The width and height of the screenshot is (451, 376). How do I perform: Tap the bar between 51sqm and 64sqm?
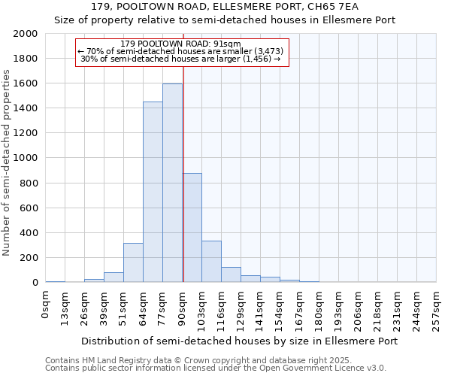pos(133,262)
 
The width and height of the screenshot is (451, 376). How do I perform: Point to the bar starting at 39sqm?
pos(114,277)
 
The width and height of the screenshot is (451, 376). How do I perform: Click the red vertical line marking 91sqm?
pos(183,180)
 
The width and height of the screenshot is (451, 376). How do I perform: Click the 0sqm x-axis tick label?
pos(46,305)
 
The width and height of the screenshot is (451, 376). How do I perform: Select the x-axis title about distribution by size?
pos(239,341)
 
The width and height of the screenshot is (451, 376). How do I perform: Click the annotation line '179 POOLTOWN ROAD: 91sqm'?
pos(180,44)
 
